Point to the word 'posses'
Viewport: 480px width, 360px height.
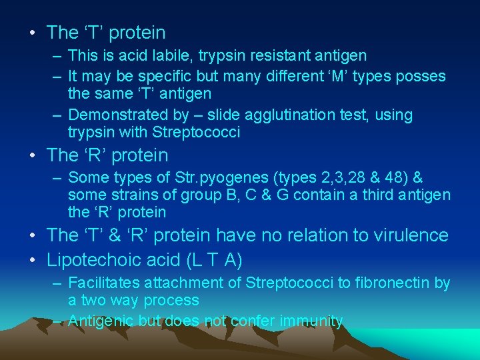[421, 75]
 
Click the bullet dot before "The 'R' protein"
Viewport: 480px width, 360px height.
[33, 155]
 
